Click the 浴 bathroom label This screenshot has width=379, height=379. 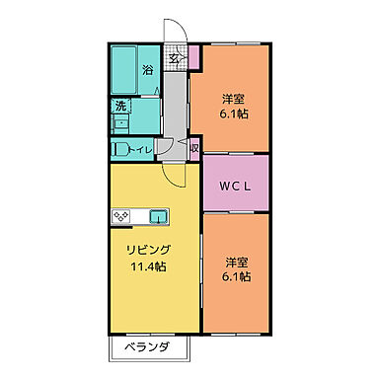click(x=147, y=70)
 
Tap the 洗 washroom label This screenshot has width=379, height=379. click(x=119, y=106)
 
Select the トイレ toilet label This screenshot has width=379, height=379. click(x=143, y=150)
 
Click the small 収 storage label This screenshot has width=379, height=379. click(x=194, y=149)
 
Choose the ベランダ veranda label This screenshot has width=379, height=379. click(x=146, y=347)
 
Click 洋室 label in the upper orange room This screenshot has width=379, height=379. click(x=233, y=99)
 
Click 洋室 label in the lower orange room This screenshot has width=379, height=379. click(x=235, y=263)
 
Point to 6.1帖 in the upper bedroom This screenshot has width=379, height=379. click(x=234, y=114)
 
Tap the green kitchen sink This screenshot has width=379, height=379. click(x=158, y=216)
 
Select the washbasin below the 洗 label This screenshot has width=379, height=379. click(x=119, y=122)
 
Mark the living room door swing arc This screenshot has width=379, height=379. click(x=175, y=179)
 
